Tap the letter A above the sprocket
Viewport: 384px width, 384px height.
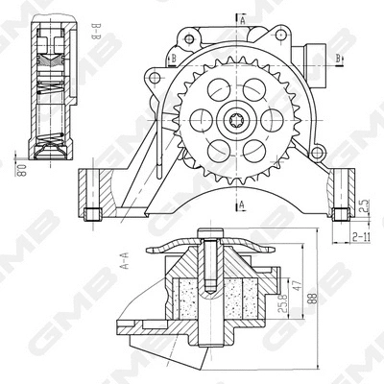tap(244, 18)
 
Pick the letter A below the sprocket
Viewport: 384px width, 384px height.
tap(244, 204)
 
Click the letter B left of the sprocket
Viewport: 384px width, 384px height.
tap(174, 57)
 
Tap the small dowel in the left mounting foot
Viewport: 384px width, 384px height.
tap(93, 212)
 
